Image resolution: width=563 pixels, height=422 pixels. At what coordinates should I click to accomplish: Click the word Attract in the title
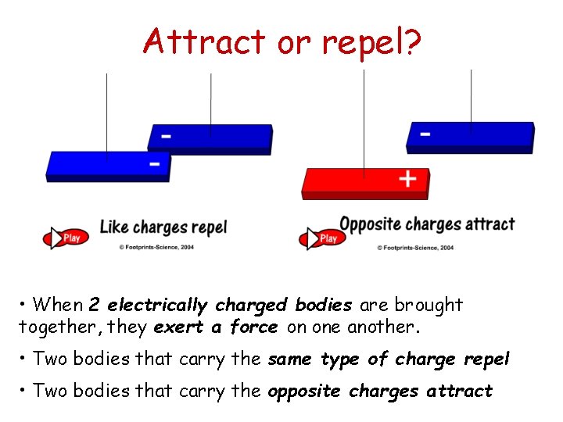click(204, 41)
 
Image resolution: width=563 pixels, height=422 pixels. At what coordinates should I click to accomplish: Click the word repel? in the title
click(370, 42)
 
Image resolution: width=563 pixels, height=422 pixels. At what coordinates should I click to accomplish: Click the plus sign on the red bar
click(407, 179)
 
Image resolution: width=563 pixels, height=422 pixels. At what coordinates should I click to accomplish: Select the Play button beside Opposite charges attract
click(321, 237)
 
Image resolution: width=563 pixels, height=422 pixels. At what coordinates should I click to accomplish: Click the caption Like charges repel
click(163, 228)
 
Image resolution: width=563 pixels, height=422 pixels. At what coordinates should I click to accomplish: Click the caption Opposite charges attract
click(427, 224)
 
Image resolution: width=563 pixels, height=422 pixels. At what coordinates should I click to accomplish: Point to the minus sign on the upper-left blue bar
click(166, 136)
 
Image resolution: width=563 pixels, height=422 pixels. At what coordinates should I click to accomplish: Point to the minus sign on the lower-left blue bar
click(155, 163)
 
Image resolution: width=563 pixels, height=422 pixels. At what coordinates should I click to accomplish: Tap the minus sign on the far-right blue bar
click(425, 134)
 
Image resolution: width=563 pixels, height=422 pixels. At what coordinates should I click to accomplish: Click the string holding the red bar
click(364, 117)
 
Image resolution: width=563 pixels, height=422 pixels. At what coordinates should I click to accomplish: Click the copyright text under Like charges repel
click(156, 247)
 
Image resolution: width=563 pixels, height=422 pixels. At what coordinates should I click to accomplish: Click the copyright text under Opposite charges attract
click(415, 247)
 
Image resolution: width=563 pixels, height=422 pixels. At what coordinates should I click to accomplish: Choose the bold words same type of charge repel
click(389, 359)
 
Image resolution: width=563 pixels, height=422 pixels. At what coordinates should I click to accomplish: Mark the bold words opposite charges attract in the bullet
click(380, 391)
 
